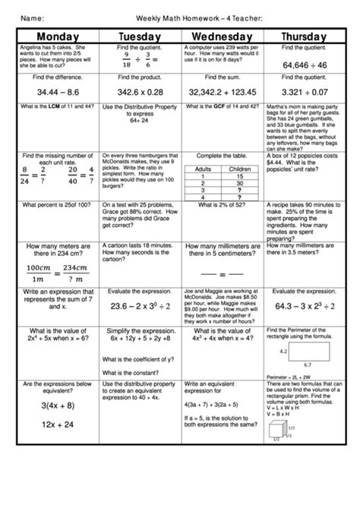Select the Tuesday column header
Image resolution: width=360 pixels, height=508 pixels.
(x=139, y=36)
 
